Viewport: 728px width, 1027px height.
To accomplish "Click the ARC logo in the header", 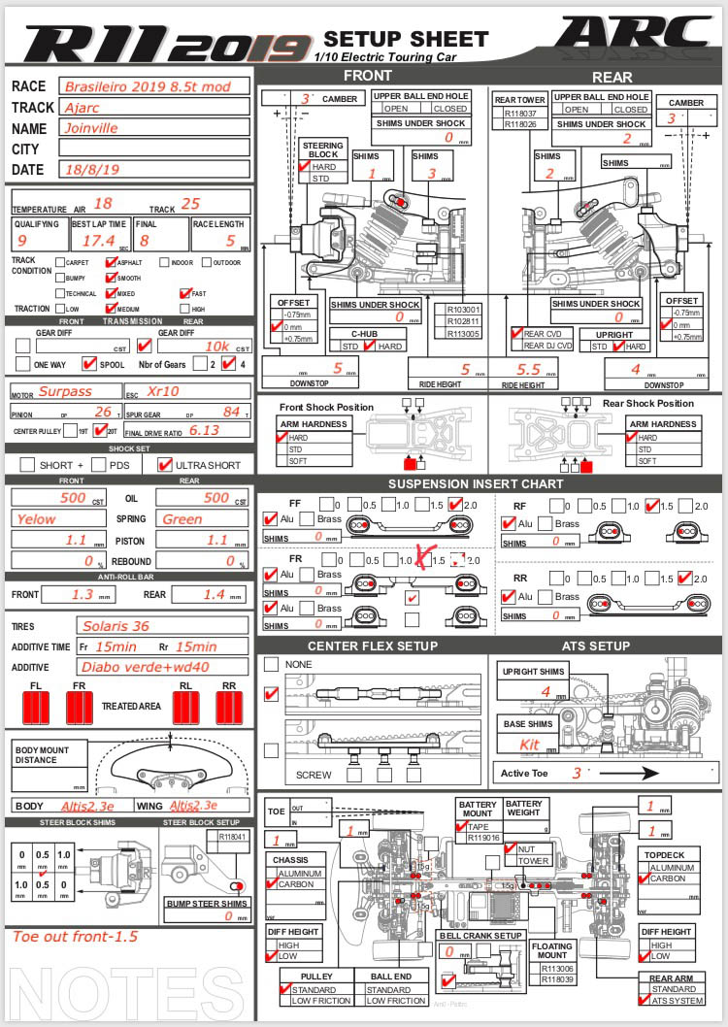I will point(636,35).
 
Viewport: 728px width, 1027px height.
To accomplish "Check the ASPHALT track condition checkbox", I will point(111,262).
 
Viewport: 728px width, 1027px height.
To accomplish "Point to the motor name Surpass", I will point(66,392).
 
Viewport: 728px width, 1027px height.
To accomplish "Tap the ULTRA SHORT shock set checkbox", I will point(164,465).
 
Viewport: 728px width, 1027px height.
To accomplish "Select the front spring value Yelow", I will point(36,519).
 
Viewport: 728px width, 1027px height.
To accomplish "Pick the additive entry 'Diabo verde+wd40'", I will point(137,667).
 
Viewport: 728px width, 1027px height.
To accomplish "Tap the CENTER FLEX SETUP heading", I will point(373,646).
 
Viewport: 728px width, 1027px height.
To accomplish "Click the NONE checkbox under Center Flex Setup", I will point(272,664).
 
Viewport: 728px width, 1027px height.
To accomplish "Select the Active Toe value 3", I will point(577,773).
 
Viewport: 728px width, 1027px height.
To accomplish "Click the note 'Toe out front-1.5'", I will point(75,937).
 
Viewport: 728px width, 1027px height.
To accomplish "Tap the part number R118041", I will point(231,836).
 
